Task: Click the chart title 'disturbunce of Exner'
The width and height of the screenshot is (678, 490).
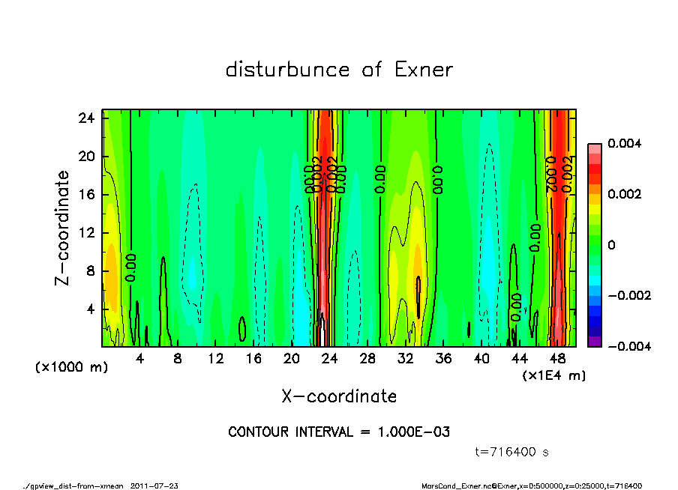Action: [x=339, y=70]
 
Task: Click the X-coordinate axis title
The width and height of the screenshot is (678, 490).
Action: [x=339, y=396]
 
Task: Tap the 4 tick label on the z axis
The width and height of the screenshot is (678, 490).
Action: [x=91, y=309]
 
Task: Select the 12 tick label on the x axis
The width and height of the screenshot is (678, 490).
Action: [x=215, y=359]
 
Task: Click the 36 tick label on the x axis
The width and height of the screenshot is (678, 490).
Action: [x=443, y=359]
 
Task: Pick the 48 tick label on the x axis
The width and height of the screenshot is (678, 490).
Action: [x=557, y=359]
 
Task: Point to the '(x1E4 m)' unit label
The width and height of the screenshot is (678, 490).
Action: [x=554, y=375]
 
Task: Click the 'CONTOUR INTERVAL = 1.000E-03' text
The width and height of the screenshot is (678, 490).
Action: [x=339, y=432]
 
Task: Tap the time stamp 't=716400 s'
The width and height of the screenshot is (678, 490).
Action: [x=513, y=452]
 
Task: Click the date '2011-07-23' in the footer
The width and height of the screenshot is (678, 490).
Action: [x=154, y=486]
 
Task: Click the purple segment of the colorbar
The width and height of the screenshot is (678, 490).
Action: [x=594, y=342]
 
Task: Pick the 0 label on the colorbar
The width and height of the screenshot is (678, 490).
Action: [x=612, y=245]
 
